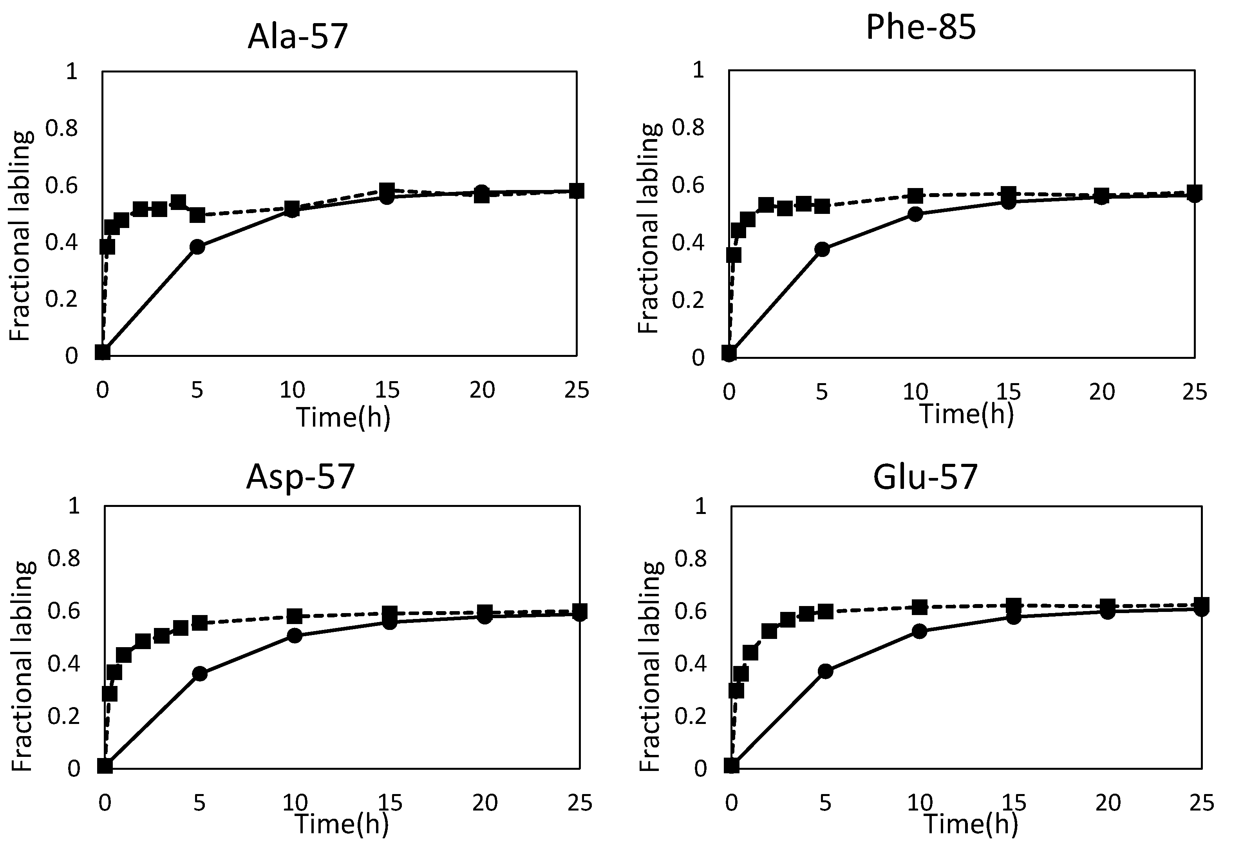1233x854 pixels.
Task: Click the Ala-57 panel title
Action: [x=298, y=36]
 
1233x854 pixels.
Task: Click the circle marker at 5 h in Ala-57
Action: [x=197, y=247]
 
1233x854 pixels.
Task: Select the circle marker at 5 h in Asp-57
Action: [x=199, y=674]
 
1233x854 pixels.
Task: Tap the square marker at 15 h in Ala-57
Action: [x=387, y=190]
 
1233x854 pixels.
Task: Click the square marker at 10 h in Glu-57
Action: [x=919, y=607]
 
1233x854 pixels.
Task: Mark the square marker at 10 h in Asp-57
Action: [x=294, y=616]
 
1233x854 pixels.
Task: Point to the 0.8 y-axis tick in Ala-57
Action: [x=61, y=128]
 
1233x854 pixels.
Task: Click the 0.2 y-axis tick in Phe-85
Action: [x=688, y=300]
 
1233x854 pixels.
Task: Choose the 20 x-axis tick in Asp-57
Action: [x=485, y=803]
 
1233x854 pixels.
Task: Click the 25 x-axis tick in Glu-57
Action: [x=1201, y=803]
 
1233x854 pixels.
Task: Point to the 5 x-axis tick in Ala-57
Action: [x=197, y=390]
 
